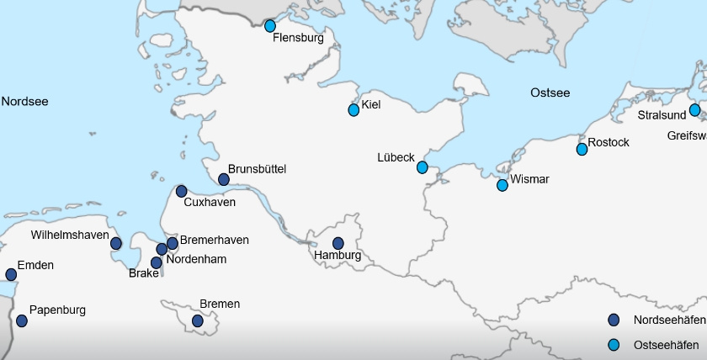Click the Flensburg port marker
tap(270, 26)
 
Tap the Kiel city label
tap(371, 105)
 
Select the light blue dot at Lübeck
tap(423, 167)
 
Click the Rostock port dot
tap(582, 149)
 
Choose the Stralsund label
tap(662, 114)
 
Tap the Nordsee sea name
tap(24, 102)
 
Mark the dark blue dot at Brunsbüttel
tap(224, 179)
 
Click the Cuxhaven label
tap(210, 203)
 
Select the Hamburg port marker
tap(338, 243)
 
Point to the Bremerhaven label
tap(215, 241)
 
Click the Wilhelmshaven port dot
tap(116, 243)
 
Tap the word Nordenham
tap(196, 259)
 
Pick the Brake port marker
tap(157, 262)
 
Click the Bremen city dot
tap(198, 320)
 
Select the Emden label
tap(35, 266)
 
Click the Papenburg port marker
tap(22, 320)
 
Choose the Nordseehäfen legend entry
tap(669, 320)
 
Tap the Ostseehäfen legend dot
tap(614, 344)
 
